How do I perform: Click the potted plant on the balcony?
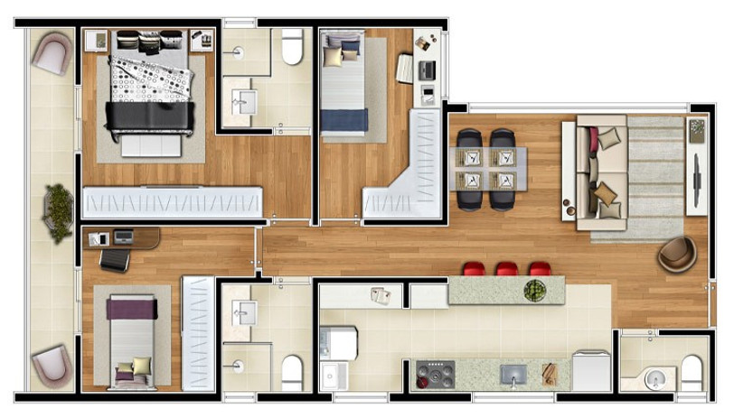58,212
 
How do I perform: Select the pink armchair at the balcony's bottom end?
51,364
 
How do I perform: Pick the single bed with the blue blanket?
344,86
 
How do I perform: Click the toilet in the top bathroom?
292,47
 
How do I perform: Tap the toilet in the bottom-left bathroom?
291,371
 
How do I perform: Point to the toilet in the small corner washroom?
691,371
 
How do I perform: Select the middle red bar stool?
506,269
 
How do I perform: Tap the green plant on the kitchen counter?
535,291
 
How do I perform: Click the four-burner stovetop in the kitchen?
435,374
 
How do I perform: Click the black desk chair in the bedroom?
115,259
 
